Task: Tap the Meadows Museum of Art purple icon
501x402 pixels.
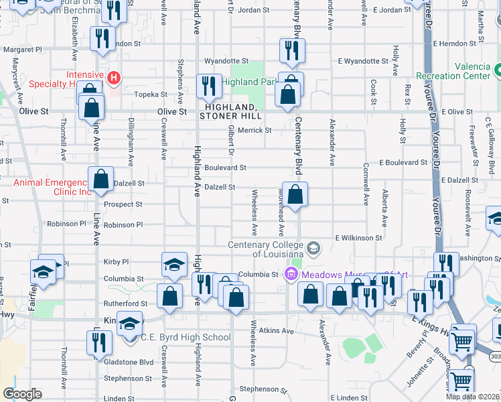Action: tap(291, 274)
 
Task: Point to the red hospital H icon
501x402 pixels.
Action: tap(114, 78)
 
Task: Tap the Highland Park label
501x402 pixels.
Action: tap(249, 82)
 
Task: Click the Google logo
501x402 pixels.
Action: tap(22, 394)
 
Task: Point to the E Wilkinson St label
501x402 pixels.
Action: tap(358, 238)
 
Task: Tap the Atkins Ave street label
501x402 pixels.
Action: tap(276, 331)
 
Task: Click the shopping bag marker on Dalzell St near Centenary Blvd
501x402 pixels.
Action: tap(295, 195)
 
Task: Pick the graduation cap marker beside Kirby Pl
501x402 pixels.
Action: tap(174, 265)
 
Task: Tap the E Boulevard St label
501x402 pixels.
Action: tap(403, 163)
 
